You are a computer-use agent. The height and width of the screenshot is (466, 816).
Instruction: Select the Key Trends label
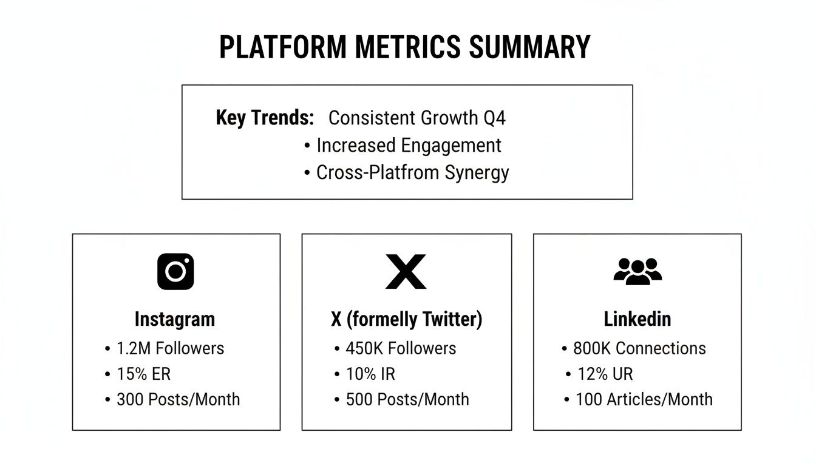coord(265,118)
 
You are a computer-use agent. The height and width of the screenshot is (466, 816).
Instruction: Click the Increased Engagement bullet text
coord(409,146)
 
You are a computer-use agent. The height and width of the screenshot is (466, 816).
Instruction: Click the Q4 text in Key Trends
coord(494,118)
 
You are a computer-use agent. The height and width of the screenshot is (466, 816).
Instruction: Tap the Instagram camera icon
coord(175,271)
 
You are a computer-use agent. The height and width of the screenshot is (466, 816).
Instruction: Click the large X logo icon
coord(406,271)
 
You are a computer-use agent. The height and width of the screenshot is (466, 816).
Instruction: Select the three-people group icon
coord(637,271)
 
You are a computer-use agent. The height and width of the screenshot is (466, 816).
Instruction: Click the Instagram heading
coord(175,319)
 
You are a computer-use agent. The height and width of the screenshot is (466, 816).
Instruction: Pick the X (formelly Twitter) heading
coord(406,319)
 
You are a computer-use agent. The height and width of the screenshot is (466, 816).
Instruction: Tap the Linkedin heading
coord(637,319)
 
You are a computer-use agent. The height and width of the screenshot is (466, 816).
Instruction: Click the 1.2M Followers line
coord(170,348)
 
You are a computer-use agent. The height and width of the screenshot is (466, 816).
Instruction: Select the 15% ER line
coord(143,374)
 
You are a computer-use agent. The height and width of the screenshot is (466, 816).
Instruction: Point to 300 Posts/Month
coord(178,399)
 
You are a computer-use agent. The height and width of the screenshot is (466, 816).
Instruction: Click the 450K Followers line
coord(401,348)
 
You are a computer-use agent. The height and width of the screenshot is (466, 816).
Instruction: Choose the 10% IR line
coord(370,374)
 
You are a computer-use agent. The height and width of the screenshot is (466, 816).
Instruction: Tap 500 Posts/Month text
coord(407,399)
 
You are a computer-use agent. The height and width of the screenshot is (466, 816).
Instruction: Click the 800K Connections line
coord(639,348)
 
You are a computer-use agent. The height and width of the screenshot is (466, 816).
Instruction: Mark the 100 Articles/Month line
coord(644,399)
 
